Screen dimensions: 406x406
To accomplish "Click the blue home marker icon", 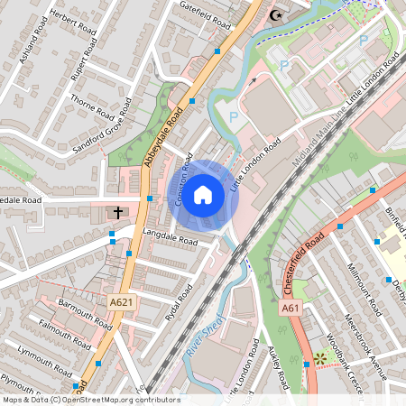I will point(203,194).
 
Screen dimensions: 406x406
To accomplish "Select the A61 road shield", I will point(290,308).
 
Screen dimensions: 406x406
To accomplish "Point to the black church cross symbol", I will point(117,214).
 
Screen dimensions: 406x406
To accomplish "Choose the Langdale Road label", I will point(170,237).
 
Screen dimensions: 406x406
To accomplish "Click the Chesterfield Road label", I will point(303,262).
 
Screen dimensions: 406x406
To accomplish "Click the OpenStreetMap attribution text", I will point(90,400).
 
